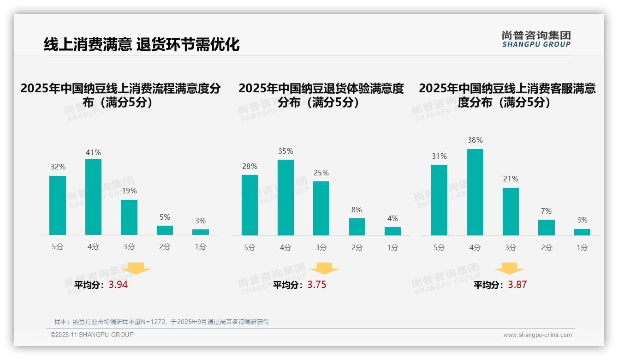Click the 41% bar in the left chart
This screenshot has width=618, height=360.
(93, 197)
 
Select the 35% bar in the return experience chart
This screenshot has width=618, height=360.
(285, 198)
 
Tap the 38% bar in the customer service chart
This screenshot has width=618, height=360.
(475, 192)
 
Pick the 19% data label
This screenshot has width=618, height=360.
(129, 191)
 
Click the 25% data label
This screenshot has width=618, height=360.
(321, 173)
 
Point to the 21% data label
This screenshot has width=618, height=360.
(511, 179)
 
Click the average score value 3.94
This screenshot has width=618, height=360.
(118, 285)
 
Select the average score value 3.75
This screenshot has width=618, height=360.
(317, 285)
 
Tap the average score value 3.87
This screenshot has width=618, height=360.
(517, 285)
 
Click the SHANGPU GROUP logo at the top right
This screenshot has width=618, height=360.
(536, 39)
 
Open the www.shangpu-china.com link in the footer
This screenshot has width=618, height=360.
(537, 335)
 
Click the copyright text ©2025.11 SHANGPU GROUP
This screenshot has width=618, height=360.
(92, 335)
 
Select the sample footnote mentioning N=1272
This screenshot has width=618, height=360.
(161, 322)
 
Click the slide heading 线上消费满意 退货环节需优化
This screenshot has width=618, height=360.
(142, 44)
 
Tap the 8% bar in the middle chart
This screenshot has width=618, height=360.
(357, 227)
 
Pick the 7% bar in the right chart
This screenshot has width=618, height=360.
(546, 228)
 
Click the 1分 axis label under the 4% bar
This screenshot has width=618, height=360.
(392, 247)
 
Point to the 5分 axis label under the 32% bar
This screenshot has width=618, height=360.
(58, 246)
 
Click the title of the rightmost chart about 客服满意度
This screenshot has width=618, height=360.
(507, 95)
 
